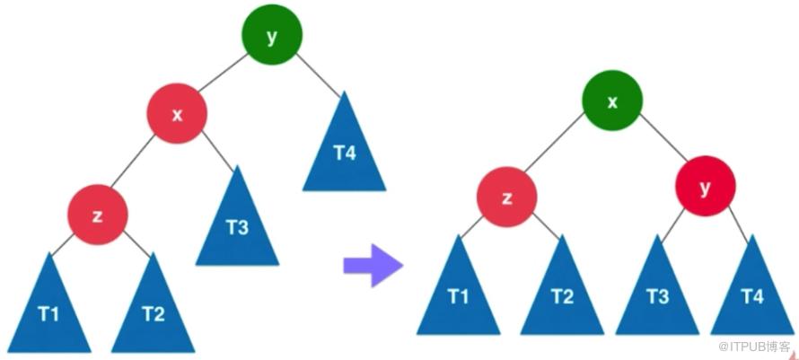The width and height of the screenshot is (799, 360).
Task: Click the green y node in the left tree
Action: point(272,35)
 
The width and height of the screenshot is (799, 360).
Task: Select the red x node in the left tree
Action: point(178,113)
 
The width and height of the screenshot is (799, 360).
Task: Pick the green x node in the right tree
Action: point(612,101)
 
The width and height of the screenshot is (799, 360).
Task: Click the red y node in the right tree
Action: point(706,186)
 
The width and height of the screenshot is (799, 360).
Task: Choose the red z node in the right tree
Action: point(507,197)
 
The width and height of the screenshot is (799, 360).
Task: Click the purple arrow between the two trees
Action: point(373,265)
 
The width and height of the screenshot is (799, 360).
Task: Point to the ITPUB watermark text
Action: point(754,347)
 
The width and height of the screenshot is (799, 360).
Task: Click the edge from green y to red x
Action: point(222,74)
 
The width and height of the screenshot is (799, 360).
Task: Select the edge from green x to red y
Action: point(663,137)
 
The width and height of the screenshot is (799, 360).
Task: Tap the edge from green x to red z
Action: point(555,142)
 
